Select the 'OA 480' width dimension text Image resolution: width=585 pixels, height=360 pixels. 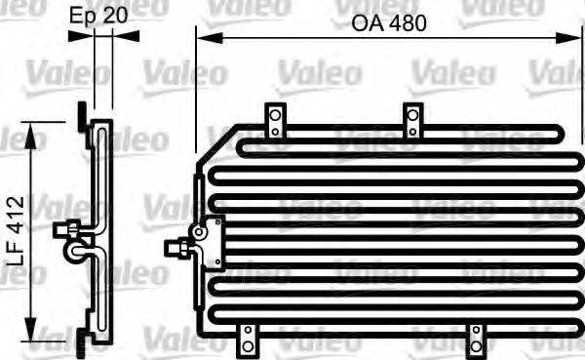pyautogui.click(x=389, y=23)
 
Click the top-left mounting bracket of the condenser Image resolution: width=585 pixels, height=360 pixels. pyautogui.click(x=276, y=120)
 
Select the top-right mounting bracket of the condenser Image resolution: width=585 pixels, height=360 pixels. pyautogui.click(x=413, y=119)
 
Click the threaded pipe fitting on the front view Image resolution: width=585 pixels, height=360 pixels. pyautogui.click(x=178, y=247)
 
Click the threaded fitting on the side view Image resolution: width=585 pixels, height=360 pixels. pyautogui.click(x=66, y=231)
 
